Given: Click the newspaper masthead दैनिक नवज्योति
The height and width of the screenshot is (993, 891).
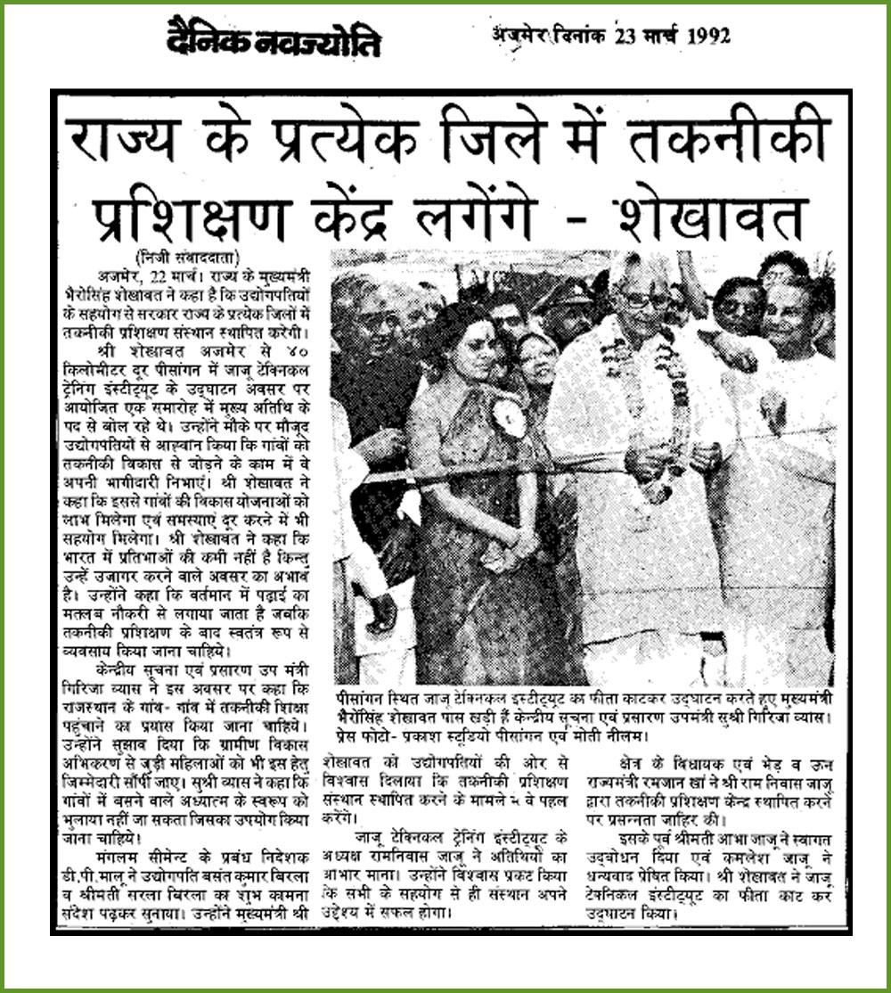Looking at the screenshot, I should (x=274, y=41).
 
